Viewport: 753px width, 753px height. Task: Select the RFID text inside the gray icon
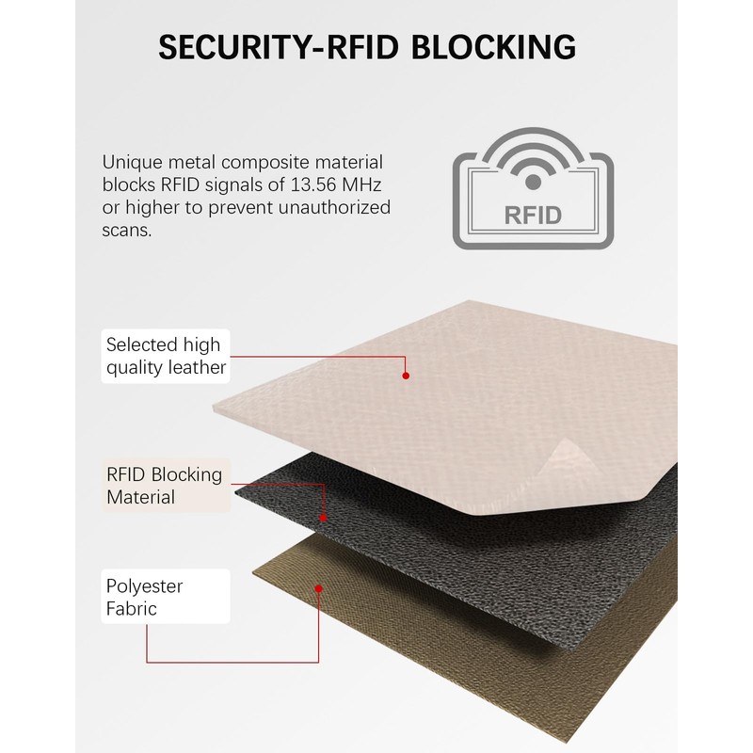click(x=533, y=215)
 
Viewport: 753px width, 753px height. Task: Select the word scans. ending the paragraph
click(x=125, y=230)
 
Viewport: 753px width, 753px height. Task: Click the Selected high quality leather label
click(x=166, y=356)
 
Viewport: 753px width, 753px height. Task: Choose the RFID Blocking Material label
click(x=165, y=485)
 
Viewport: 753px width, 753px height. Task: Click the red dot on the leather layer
click(x=406, y=376)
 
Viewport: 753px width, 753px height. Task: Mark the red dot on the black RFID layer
click(x=324, y=517)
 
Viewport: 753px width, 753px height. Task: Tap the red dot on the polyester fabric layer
click(x=319, y=588)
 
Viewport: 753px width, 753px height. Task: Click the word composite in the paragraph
click(x=276, y=161)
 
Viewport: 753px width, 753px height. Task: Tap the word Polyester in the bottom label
click(x=144, y=585)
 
